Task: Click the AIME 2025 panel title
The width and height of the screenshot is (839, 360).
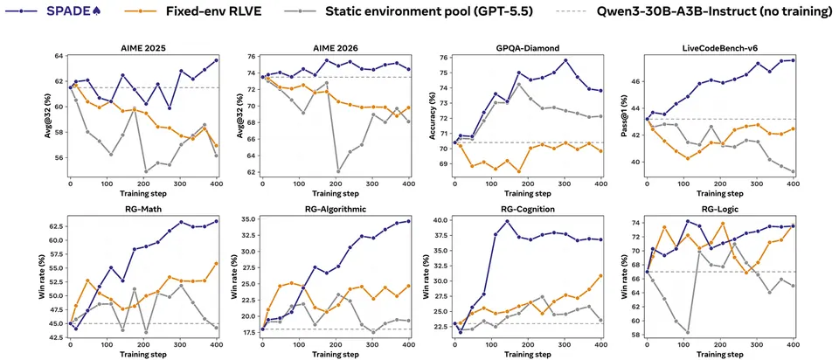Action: click(x=142, y=48)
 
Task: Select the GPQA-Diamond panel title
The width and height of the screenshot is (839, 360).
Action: click(x=528, y=48)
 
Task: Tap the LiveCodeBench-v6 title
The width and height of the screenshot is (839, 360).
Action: click(x=720, y=48)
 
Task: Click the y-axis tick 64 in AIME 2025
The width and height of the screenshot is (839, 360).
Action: click(x=59, y=56)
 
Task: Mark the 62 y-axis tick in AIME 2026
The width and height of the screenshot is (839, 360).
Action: click(x=251, y=172)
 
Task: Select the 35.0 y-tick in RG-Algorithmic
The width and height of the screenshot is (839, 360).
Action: click(x=247, y=219)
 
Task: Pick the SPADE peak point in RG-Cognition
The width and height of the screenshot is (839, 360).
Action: click(x=506, y=221)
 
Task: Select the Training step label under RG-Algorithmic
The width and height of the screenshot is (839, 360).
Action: click(x=335, y=354)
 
